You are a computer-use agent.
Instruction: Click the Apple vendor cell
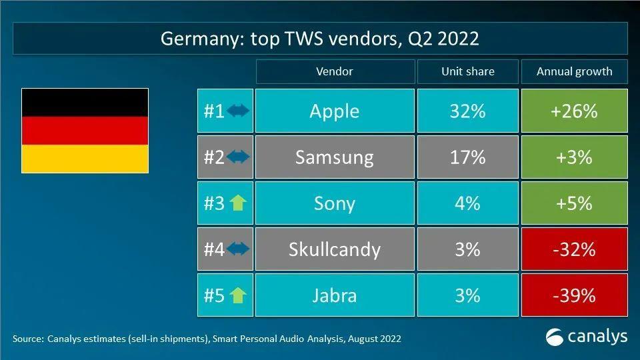pos(334,111)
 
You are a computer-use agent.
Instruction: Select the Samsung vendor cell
pos(334,157)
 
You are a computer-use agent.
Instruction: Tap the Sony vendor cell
pos(334,203)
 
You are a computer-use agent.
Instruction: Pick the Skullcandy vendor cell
pos(334,249)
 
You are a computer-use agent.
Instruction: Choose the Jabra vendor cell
pos(334,295)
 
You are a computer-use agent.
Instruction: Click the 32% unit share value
pos(467,111)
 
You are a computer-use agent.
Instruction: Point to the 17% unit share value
pos(467,157)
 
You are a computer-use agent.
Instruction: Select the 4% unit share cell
pos(467,203)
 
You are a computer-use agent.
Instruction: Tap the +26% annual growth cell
pos(573,111)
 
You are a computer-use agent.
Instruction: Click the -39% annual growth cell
pos(573,295)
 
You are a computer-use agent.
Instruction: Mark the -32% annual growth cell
pos(573,249)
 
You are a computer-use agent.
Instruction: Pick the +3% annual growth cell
pos(573,157)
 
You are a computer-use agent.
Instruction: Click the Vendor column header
pos(334,71)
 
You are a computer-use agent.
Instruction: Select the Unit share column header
pos(467,71)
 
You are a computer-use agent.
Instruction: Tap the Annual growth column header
pos(573,71)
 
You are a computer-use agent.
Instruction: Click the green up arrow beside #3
pos(238,203)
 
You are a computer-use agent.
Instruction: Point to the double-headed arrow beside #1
pos(238,111)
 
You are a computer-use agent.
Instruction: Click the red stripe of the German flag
pos(85,130)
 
